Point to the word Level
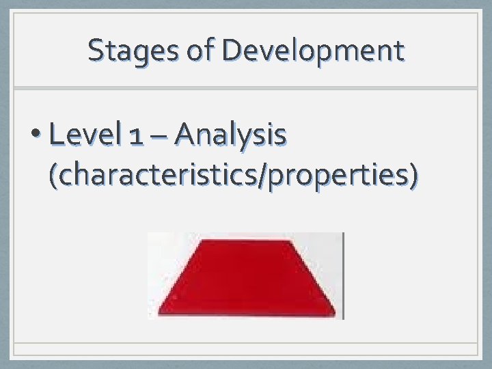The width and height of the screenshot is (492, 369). (84, 135)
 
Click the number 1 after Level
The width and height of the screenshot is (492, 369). (136, 136)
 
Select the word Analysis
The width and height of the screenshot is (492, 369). (230, 135)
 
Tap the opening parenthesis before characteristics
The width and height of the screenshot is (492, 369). (53, 175)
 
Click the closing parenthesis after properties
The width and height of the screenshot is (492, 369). (412, 175)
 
